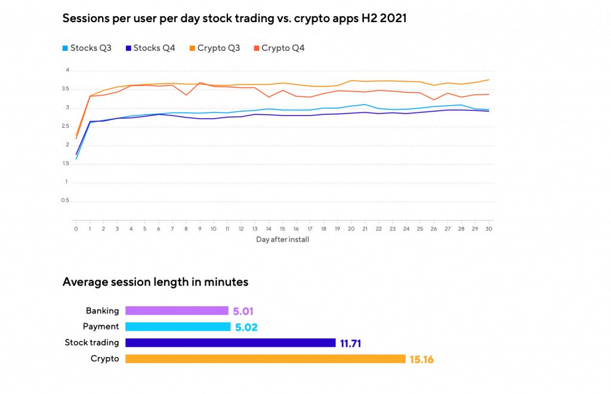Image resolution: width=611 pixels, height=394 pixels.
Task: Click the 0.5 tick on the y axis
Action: point(66,201)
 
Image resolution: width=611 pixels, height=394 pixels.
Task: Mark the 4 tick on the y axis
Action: point(67,70)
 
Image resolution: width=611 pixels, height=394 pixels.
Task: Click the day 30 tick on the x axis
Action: point(489,229)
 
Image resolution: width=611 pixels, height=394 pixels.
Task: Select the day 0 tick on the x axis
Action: point(76,229)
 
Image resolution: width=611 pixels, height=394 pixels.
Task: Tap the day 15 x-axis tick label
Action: point(282,229)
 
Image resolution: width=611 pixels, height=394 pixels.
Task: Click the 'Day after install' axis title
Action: point(282,240)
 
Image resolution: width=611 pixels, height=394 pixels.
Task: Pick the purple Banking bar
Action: point(177,310)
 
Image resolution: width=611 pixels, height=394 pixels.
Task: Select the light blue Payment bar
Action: point(178,327)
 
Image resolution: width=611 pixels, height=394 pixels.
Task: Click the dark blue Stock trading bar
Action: point(230,343)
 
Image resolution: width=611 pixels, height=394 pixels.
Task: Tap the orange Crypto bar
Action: point(266,359)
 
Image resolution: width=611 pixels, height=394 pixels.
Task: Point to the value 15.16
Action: point(421,359)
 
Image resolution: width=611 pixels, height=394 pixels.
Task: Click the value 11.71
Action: point(351,343)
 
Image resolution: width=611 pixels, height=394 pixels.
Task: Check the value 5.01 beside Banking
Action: point(245,311)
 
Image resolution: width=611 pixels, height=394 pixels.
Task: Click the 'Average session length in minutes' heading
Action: point(155,282)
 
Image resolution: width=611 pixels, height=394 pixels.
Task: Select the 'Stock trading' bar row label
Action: point(92,343)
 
